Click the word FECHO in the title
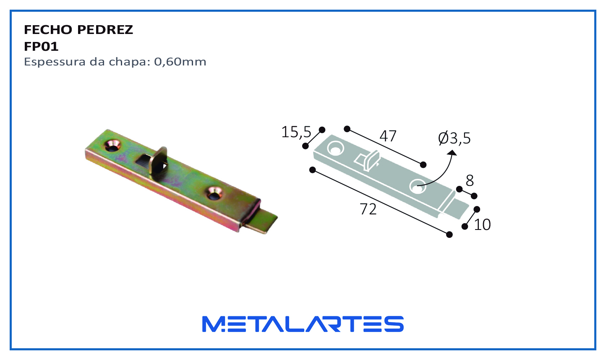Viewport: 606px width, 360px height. point(47,30)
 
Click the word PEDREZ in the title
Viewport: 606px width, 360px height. point(105,30)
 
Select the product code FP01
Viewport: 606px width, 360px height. point(41,47)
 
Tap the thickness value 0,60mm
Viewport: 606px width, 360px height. point(180,62)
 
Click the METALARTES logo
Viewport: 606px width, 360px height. point(303,324)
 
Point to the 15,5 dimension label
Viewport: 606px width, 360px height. point(296,132)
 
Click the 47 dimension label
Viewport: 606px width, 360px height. point(388,136)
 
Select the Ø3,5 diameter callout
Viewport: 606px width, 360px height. point(454,138)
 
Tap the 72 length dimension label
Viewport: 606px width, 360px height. point(368,209)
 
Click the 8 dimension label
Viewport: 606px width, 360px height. point(470,180)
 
